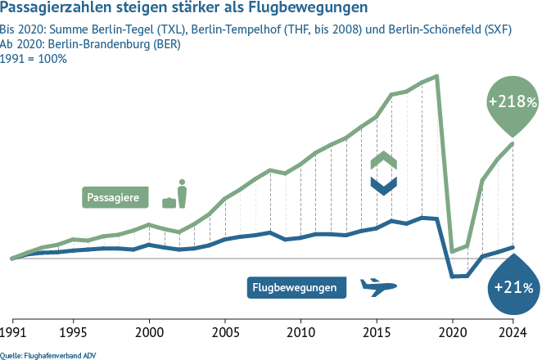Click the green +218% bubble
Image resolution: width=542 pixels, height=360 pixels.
tap(513, 103)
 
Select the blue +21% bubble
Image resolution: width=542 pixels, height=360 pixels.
tap(513, 287)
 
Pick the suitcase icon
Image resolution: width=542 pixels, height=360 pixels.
tap(169, 201)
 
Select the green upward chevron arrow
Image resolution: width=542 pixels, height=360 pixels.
tap(383, 160)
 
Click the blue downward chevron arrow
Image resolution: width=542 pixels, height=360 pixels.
tap(383, 186)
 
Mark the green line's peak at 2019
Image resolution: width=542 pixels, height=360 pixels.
tap(437, 76)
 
